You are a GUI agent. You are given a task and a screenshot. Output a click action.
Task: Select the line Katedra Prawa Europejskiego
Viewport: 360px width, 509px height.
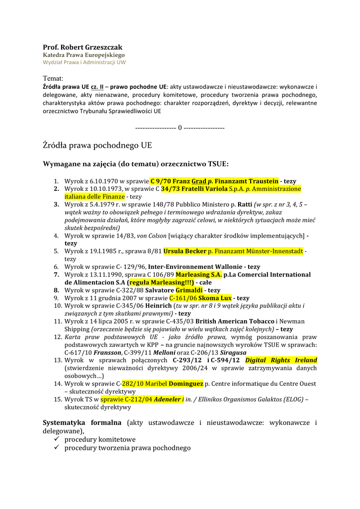(84, 55)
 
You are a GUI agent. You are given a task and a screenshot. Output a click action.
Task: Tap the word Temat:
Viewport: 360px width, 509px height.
(53, 79)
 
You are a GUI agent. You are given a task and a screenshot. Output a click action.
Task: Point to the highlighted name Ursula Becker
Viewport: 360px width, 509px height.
(184, 252)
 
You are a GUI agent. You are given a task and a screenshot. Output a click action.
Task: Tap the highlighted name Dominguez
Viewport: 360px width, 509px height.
(186, 384)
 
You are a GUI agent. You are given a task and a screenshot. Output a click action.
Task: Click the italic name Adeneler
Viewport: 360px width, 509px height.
(167, 399)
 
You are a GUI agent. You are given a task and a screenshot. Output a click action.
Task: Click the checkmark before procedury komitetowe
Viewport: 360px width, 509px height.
(57, 440)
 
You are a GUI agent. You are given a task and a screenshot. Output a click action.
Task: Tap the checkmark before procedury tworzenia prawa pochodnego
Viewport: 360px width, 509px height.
(57, 448)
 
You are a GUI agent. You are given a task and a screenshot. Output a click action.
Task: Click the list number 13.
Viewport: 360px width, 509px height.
(57, 360)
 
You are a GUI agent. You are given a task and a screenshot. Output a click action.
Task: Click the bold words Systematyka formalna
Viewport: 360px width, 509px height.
(82, 423)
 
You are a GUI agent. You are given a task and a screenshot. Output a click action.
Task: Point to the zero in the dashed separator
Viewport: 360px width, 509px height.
(180, 128)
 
